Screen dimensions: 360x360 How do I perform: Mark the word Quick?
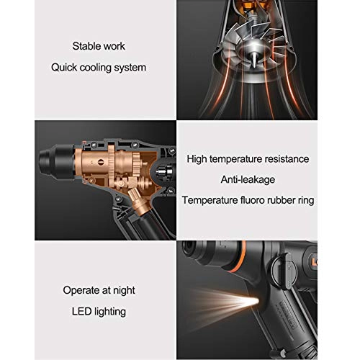tap(63, 68)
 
